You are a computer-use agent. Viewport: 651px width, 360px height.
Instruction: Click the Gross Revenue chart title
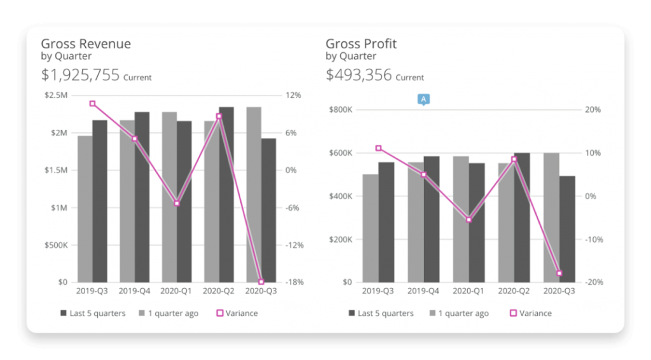[86, 44]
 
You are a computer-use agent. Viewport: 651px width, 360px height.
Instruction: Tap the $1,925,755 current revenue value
[81, 75]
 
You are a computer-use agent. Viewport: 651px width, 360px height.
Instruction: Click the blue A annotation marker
[423, 99]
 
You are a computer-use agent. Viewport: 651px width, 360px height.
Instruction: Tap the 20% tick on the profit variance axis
[593, 110]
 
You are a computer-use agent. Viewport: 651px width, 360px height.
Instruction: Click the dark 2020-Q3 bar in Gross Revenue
[269, 210]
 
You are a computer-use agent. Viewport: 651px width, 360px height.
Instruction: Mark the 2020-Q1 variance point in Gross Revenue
[177, 204]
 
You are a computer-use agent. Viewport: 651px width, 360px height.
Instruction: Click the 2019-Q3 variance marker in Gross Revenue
[92, 104]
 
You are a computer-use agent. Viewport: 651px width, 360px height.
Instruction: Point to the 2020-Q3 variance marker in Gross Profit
[559, 273]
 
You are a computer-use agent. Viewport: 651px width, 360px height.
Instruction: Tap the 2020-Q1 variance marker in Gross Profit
[469, 220]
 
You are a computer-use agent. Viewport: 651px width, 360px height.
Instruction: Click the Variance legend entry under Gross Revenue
[238, 314]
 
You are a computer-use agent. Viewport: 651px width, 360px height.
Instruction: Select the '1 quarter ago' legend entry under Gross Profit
[460, 314]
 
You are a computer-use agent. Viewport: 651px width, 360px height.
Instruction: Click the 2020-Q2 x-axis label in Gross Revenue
[219, 291]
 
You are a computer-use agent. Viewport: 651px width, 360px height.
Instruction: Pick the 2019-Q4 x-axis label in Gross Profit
[423, 291]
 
